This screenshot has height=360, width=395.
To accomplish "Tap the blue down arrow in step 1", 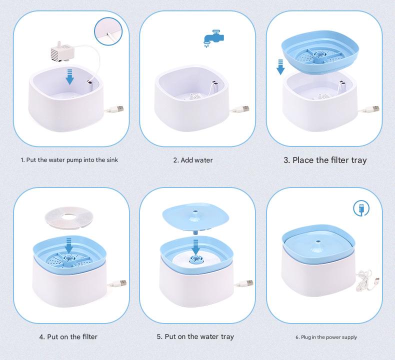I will (x=70, y=76).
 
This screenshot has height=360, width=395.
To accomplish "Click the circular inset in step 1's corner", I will (x=108, y=30).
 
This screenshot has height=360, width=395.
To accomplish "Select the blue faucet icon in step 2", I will (x=211, y=38).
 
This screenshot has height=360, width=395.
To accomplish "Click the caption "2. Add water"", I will (x=193, y=160).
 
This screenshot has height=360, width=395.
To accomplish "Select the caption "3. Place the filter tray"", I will (x=325, y=160).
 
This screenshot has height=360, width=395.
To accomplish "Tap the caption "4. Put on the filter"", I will (x=68, y=336).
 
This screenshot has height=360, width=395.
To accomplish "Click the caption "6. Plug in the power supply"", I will (x=325, y=337).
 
